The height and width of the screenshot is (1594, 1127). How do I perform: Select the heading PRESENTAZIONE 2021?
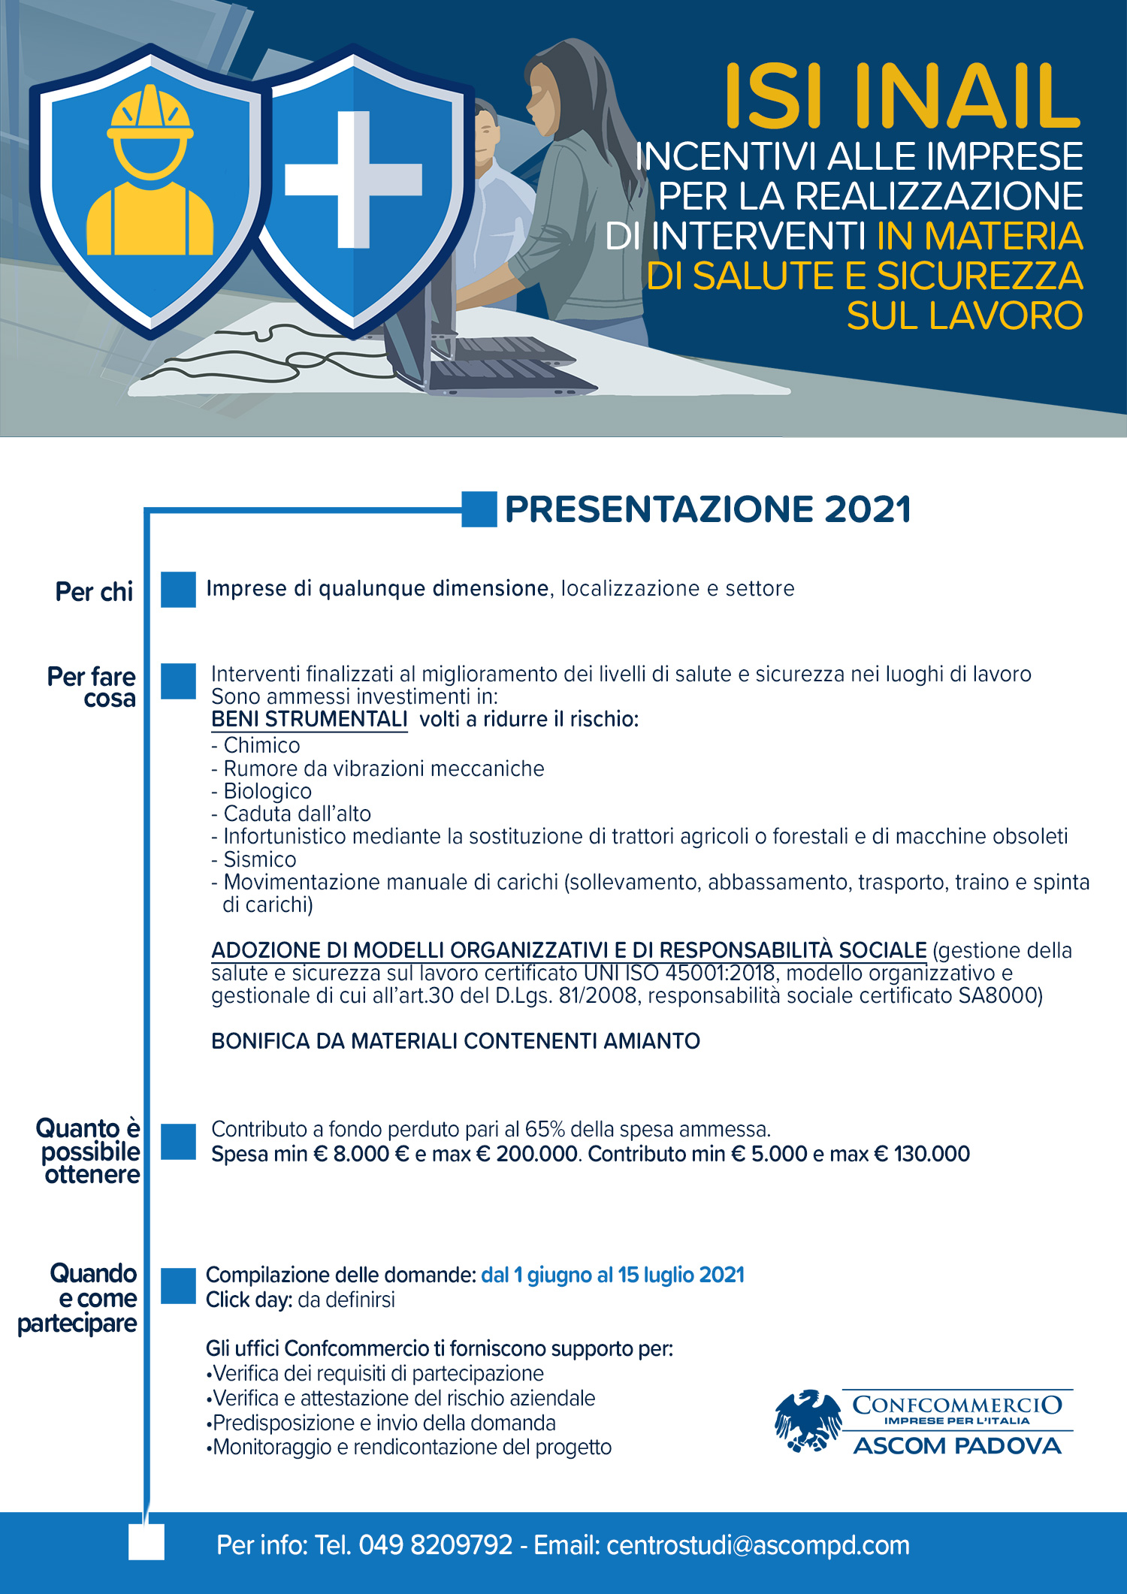(x=707, y=509)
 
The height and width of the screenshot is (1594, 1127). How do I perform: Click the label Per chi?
(x=94, y=592)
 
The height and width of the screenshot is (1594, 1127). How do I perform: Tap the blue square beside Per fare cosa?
(x=178, y=681)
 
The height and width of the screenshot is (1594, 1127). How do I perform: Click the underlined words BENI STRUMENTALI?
(x=309, y=719)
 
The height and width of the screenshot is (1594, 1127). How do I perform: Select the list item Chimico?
(x=261, y=745)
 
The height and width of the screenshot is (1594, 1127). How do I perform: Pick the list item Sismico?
(x=260, y=859)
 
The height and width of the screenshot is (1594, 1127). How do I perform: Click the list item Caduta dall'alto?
(x=297, y=814)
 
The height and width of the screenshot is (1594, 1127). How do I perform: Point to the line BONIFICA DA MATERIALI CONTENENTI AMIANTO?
(x=455, y=1041)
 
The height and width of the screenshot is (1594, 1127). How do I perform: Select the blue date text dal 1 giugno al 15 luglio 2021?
(x=612, y=1275)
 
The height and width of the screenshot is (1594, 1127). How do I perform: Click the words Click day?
(x=249, y=1300)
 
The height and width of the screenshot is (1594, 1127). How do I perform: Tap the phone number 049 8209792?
(x=435, y=1545)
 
